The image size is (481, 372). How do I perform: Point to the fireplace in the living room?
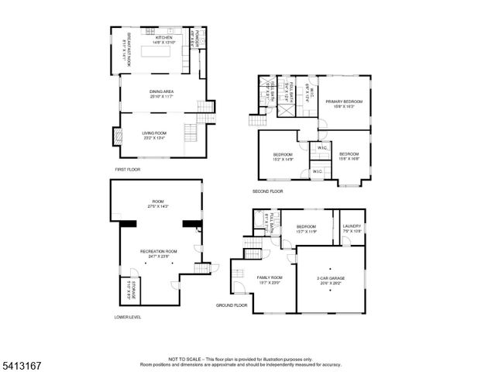117,136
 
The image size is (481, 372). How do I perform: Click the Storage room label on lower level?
132,288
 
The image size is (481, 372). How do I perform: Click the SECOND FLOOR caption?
267,191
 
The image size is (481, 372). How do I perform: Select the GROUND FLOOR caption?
231,305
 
